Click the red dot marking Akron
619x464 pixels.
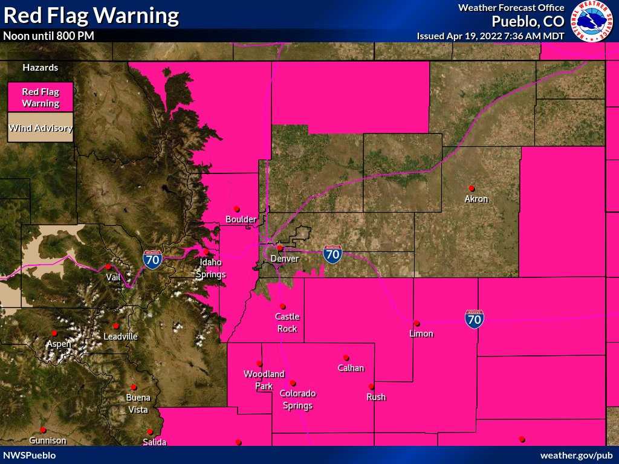point(472,188)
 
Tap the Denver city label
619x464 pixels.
point(285,259)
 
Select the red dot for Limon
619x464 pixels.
point(416,323)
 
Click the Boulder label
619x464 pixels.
point(241,219)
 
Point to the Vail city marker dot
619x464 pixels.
point(108,266)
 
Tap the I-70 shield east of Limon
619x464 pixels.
point(474,319)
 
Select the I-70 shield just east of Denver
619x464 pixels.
point(332,254)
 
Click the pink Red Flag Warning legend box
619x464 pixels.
point(41,97)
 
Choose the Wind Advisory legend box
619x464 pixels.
point(41,128)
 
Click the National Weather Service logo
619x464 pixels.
point(591,22)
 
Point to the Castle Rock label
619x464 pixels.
point(287,323)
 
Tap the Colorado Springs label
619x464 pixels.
point(297,399)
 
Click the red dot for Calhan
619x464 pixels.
point(346,357)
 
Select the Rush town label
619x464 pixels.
point(376,397)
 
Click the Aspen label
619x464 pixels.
point(59,344)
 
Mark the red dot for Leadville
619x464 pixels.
point(115,326)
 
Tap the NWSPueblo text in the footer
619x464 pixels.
point(30,455)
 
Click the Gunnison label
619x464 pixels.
point(47,441)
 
